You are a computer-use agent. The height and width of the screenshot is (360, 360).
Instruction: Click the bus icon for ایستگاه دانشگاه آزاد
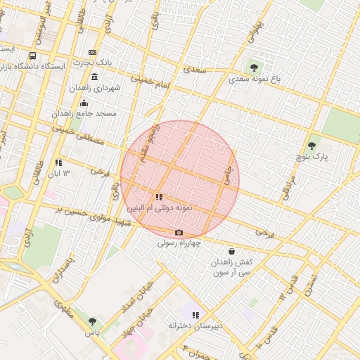click(x=32, y=56)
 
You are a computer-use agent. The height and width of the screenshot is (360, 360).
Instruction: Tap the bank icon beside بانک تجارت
click(x=92, y=53)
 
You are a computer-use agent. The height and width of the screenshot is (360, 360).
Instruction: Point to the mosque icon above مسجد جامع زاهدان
click(x=84, y=103)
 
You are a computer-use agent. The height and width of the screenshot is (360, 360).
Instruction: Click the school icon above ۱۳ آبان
click(x=58, y=162)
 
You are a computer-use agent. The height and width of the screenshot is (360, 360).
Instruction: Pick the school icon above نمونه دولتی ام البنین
click(x=160, y=198)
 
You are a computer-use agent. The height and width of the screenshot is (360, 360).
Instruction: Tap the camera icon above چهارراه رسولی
click(x=179, y=233)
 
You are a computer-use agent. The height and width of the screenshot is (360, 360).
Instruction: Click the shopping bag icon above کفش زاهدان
click(x=231, y=251)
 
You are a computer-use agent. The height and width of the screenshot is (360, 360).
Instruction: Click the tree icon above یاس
click(x=92, y=321)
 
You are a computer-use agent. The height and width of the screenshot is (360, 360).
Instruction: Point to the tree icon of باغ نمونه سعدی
click(x=254, y=68)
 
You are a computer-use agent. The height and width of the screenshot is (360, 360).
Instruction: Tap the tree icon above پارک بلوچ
click(x=311, y=146)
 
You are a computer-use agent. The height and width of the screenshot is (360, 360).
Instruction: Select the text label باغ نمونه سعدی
click(x=254, y=80)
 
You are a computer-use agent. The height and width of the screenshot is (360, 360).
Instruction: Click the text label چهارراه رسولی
click(x=179, y=243)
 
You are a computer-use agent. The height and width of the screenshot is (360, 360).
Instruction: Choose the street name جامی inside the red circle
click(x=227, y=179)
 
